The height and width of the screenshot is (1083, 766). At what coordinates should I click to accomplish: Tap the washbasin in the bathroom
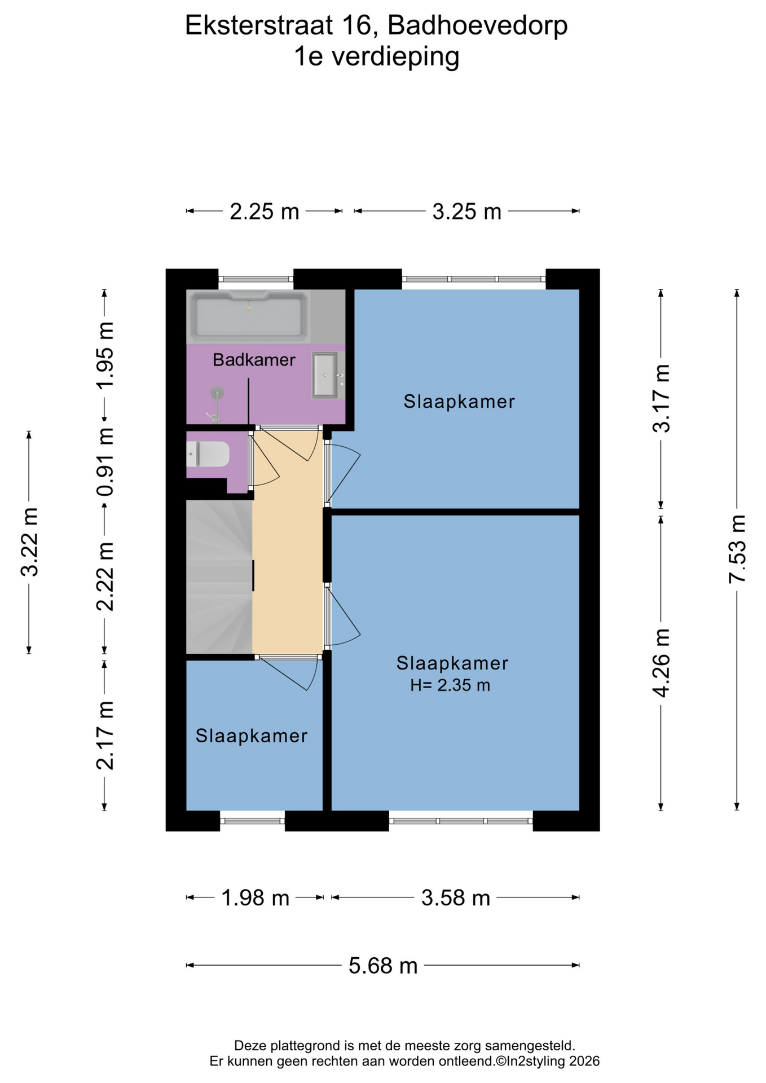tap(325, 375)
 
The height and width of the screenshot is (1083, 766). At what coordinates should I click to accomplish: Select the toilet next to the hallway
tap(208, 454)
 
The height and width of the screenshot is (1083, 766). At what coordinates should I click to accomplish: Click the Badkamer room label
tap(254, 360)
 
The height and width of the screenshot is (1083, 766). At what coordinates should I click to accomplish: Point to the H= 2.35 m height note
tap(450, 685)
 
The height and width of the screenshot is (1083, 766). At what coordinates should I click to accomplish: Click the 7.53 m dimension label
tap(737, 549)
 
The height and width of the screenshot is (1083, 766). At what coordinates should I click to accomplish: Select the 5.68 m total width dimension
tap(383, 965)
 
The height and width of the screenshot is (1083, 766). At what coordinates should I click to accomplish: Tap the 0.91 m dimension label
tap(105, 461)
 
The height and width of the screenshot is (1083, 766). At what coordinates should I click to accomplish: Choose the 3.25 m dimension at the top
tap(467, 212)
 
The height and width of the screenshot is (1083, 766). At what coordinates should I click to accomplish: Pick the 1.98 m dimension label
tap(255, 897)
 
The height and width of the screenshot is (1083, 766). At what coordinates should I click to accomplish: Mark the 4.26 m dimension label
tap(661, 663)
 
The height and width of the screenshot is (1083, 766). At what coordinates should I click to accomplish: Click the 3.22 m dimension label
tap(29, 542)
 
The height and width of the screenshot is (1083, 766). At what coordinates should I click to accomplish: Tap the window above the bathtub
tap(256, 279)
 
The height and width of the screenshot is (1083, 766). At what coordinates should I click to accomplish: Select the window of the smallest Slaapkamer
tap(252, 821)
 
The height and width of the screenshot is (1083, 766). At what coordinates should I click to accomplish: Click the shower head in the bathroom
tap(217, 393)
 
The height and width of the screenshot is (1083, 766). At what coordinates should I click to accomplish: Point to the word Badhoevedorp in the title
tap(477, 25)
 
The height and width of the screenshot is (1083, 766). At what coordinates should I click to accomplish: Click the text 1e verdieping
tap(377, 56)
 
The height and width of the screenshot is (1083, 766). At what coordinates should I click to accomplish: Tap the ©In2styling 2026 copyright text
tap(547, 1061)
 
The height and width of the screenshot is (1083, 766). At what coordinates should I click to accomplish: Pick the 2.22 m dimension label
tap(105, 576)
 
